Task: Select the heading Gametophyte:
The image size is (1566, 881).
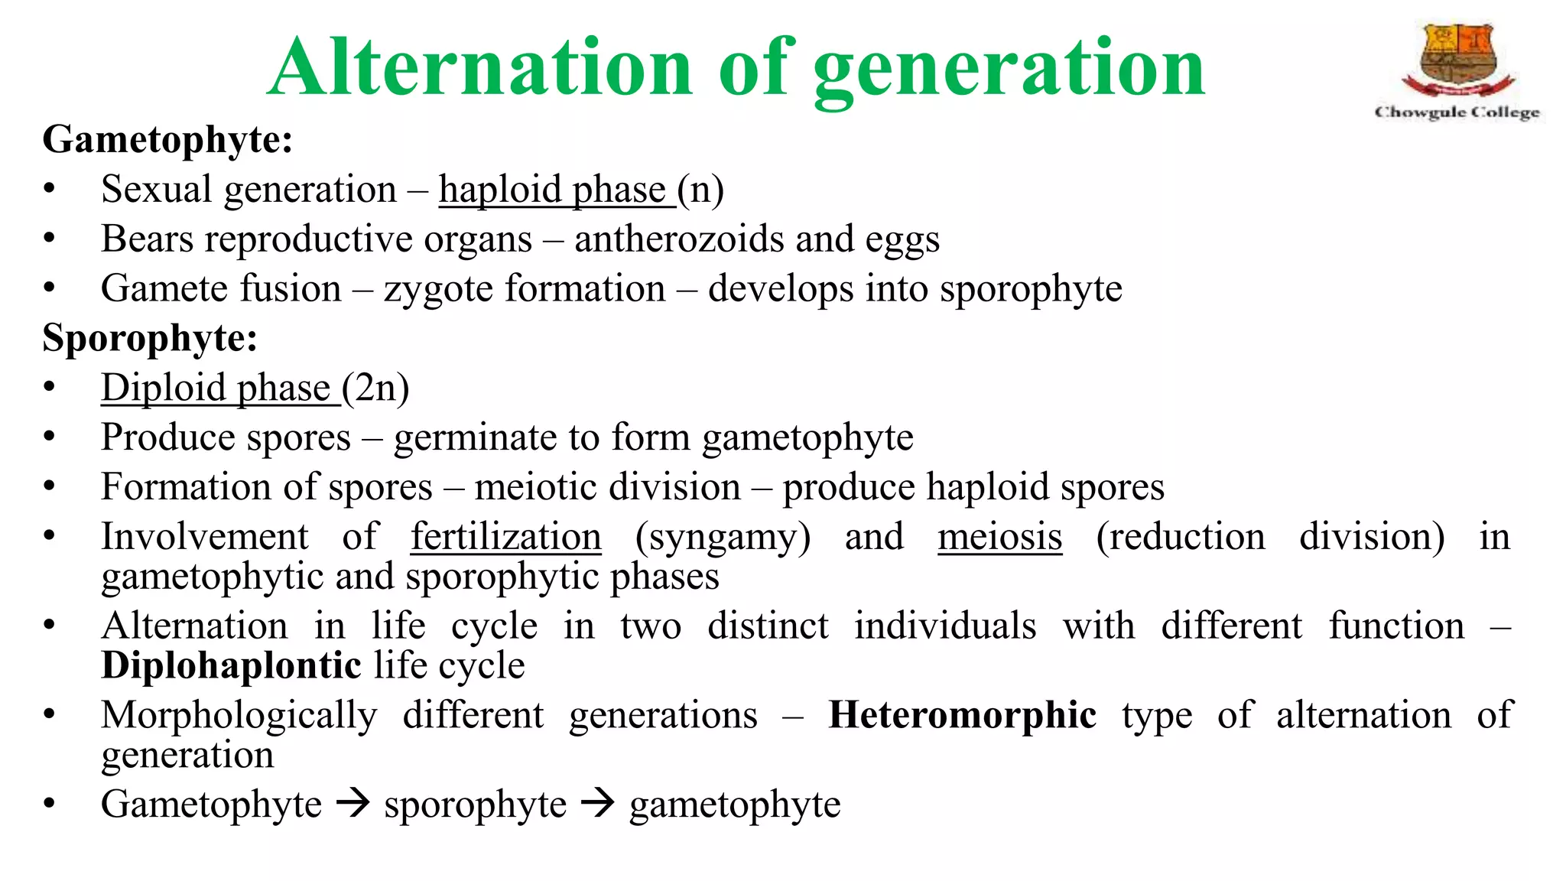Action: tap(167, 140)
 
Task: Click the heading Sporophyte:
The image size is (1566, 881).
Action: tap(150, 338)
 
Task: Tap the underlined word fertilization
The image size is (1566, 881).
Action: tap(505, 537)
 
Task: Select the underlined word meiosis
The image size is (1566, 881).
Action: tap(999, 537)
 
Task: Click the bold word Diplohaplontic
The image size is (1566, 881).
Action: tap(231, 665)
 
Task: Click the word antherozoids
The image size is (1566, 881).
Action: tap(679, 239)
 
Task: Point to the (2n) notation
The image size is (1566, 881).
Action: tap(375, 388)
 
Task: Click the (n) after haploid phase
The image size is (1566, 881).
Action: tap(700, 190)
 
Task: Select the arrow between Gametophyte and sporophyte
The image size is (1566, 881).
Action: tap(353, 804)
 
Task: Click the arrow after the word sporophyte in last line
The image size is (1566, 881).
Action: tap(598, 804)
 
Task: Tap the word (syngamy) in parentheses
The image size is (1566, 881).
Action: tap(723, 537)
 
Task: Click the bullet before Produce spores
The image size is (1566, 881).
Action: tap(50, 437)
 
